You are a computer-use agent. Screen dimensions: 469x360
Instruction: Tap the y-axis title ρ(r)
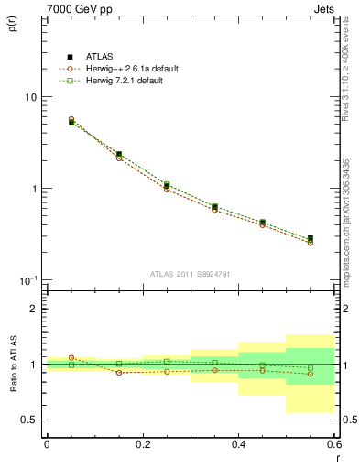(13, 22)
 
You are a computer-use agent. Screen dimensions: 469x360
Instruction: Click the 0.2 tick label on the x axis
(142, 444)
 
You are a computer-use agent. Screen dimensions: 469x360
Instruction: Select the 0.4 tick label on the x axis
(238, 444)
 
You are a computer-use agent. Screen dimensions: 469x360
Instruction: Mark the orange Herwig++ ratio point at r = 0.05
(71, 358)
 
